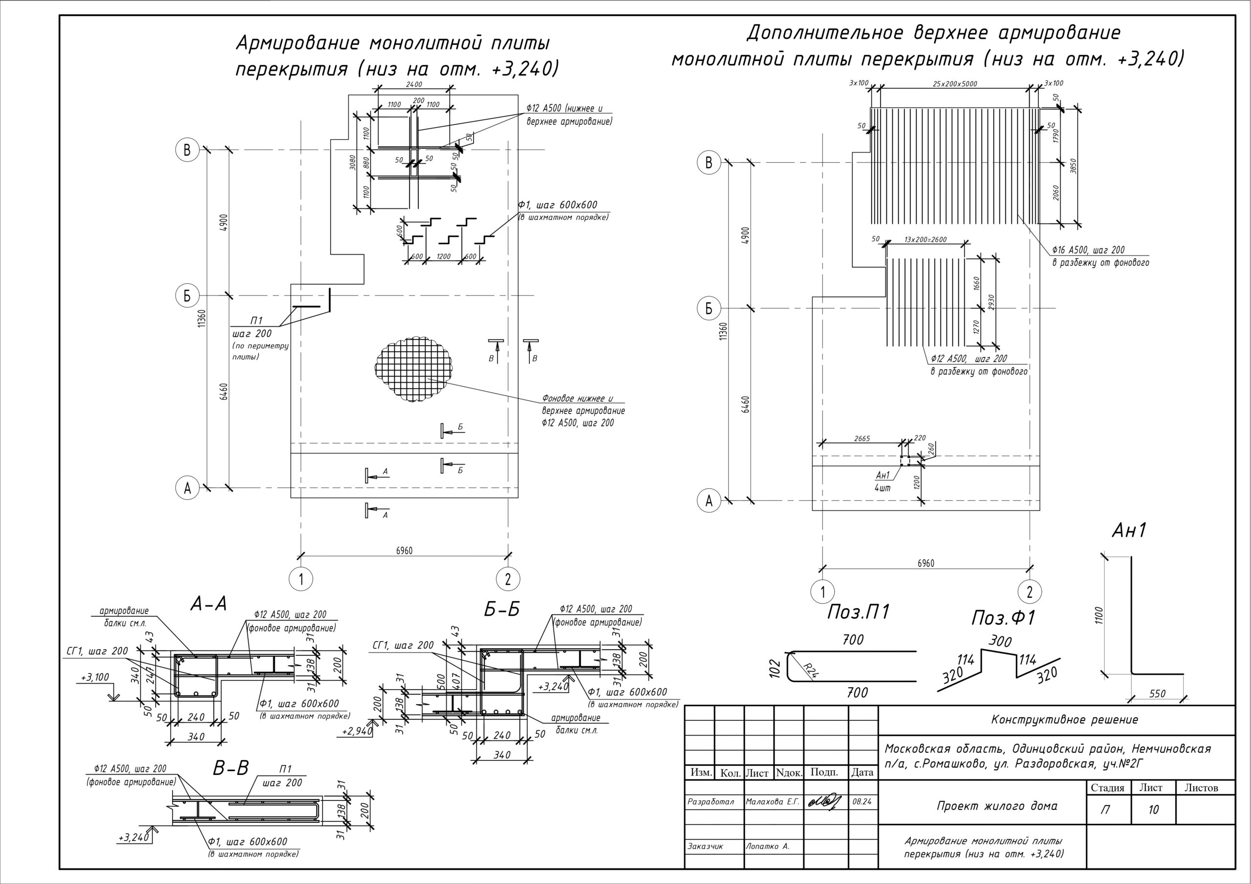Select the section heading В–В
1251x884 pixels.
(x=231, y=768)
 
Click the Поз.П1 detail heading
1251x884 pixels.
(x=858, y=613)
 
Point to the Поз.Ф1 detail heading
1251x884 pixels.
(x=1003, y=618)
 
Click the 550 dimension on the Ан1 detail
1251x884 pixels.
(x=1157, y=694)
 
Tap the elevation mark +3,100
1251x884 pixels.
(x=95, y=677)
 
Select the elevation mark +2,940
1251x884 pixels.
(x=357, y=731)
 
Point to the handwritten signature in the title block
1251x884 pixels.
(x=824, y=802)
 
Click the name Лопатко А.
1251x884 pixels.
(x=767, y=846)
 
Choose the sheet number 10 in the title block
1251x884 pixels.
(x=1153, y=810)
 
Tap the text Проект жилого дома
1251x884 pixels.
(x=996, y=805)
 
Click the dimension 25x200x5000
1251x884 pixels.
(x=954, y=84)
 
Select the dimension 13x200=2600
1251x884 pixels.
(x=925, y=240)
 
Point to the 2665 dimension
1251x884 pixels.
(x=862, y=439)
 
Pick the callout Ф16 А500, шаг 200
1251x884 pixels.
(x=1088, y=250)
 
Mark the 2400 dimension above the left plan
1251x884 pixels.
(x=414, y=84)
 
